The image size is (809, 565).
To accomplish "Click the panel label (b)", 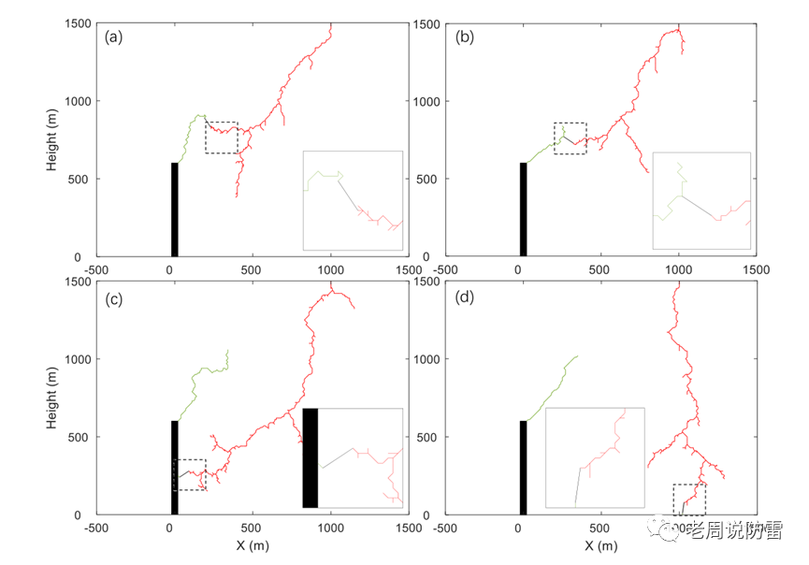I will [x=464, y=37].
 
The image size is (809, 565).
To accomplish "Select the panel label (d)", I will [x=464, y=297].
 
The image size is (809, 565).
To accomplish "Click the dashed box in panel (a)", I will [x=222, y=138].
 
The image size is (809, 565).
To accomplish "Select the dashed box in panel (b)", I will [x=571, y=138].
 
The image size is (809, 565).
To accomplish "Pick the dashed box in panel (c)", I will [x=190, y=474].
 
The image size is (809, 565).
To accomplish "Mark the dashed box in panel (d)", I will [x=689, y=500].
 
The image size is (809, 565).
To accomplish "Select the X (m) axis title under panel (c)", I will [x=253, y=545].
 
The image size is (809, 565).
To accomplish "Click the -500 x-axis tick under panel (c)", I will [x=96, y=527].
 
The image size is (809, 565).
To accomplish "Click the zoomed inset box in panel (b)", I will [x=701, y=200].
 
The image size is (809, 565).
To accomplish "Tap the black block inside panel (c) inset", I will [x=311, y=458].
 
